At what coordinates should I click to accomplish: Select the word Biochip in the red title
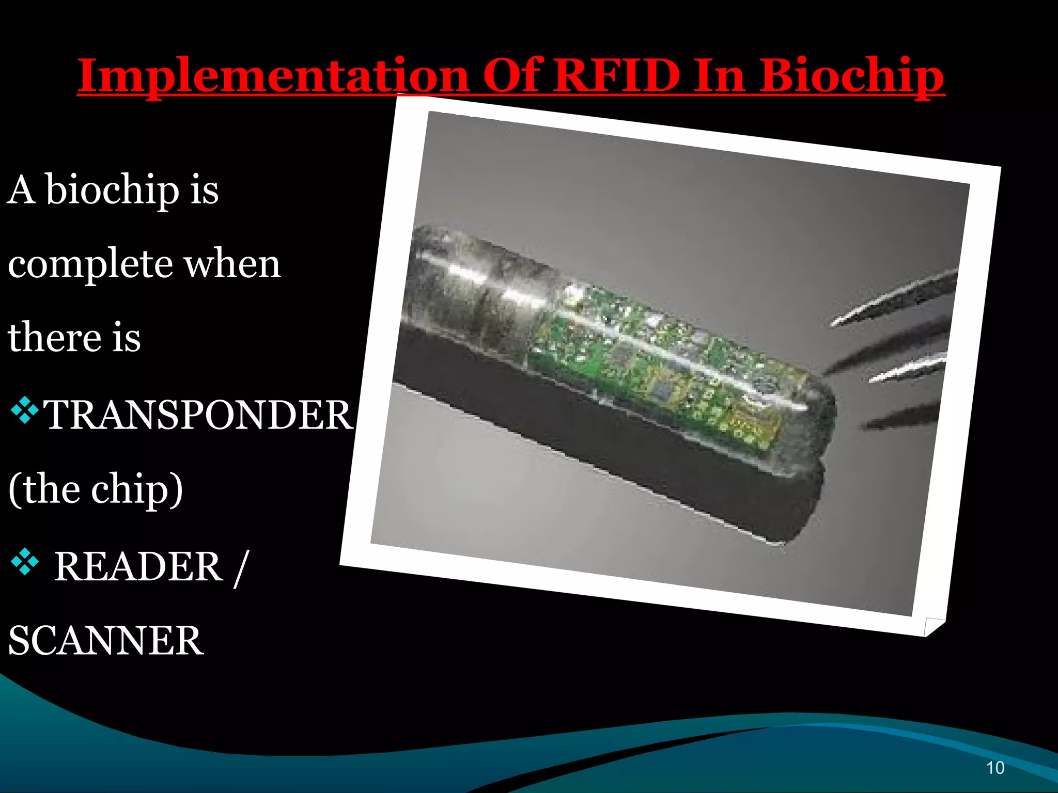coord(851,76)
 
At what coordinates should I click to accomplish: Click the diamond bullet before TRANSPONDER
coord(24,410)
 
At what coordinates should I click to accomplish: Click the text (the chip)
coord(96,489)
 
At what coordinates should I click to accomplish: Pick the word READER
coord(138,566)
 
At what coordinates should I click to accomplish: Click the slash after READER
coord(241,568)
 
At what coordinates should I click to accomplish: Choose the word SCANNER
coord(106,641)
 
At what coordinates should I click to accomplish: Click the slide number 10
coord(995,768)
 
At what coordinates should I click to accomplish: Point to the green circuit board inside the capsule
coord(656,361)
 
